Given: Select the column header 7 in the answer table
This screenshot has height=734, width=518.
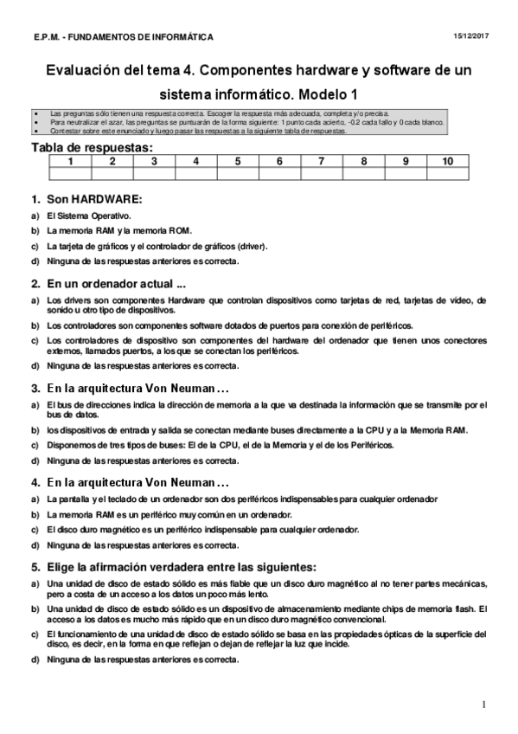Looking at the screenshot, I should [x=321, y=161].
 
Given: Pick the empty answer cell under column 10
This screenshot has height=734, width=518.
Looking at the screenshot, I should [x=446, y=174].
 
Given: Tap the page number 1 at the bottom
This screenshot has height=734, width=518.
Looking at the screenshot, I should [x=484, y=703].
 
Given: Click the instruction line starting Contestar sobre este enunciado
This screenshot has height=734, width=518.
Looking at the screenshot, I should [x=198, y=132].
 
